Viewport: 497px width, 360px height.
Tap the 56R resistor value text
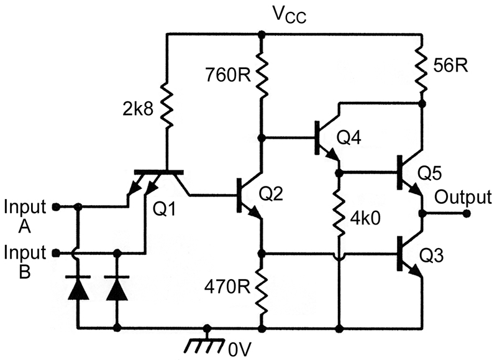(x=450, y=66)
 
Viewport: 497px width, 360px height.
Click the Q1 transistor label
(x=164, y=209)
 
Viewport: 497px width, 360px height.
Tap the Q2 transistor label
(x=271, y=193)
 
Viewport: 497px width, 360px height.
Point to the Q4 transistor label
(x=349, y=137)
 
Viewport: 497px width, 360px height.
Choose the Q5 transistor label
(x=429, y=173)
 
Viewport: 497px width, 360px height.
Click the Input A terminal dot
(x=56, y=207)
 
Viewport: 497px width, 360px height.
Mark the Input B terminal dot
(x=56, y=253)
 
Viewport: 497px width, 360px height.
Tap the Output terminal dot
(x=466, y=214)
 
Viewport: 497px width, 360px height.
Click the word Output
(x=463, y=196)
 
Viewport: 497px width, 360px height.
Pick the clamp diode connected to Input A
(x=78, y=287)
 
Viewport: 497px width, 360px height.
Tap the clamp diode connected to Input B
(x=117, y=287)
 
